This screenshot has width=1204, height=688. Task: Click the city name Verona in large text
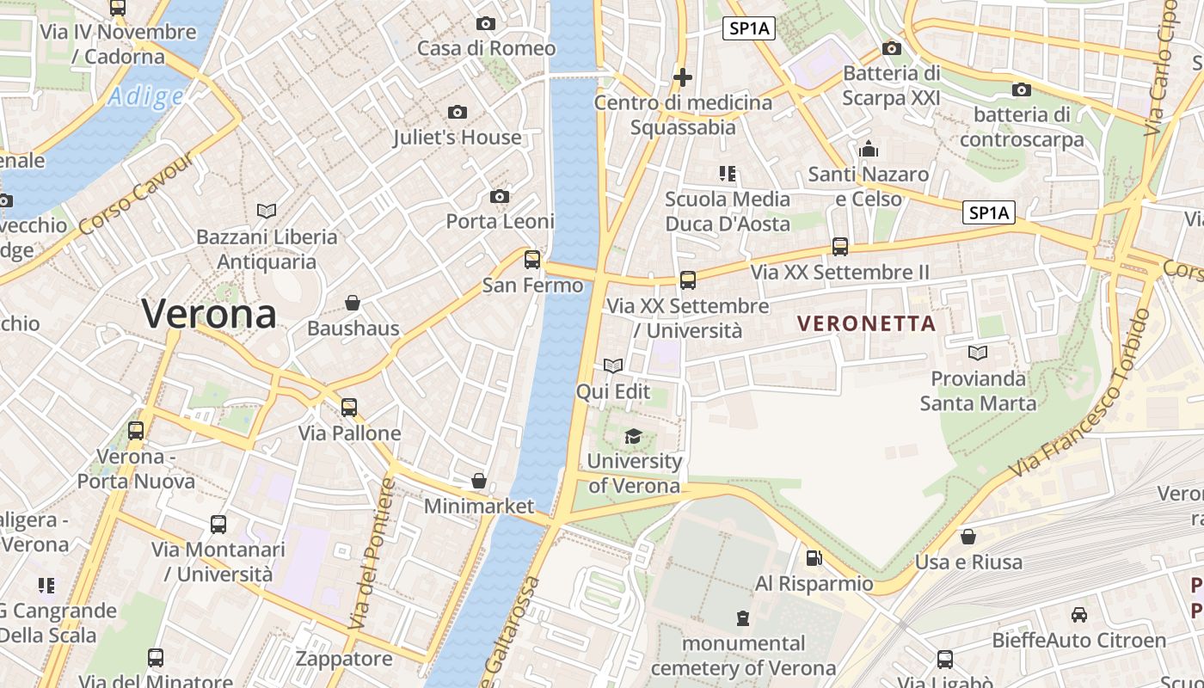click(x=209, y=313)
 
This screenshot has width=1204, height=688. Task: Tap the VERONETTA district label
click(x=866, y=323)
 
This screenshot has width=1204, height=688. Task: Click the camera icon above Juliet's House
click(x=458, y=112)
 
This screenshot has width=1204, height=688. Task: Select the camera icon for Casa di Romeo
click(x=486, y=23)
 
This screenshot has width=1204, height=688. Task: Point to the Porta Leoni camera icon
click(x=500, y=197)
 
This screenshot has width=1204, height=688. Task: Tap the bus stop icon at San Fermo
click(x=532, y=259)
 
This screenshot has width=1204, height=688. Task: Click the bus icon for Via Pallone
click(x=349, y=408)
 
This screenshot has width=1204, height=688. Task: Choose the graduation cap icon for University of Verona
click(x=634, y=436)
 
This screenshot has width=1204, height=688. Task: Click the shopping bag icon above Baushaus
click(x=353, y=303)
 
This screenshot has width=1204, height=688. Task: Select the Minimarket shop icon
click(x=479, y=481)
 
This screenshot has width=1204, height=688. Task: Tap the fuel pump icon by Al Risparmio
click(x=814, y=558)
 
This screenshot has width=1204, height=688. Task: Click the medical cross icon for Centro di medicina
click(x=683, y=77)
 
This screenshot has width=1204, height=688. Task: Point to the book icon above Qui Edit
click(x=613, y=366)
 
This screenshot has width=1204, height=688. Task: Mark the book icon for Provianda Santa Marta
click(x=978, y=353)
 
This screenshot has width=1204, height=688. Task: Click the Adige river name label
click(x=145, y=96)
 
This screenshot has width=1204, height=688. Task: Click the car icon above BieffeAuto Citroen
click(x=1078, y=615)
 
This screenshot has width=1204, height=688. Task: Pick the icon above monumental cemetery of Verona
click(x=742, y=617)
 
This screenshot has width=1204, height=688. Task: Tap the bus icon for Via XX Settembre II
click(x=840, y=247)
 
